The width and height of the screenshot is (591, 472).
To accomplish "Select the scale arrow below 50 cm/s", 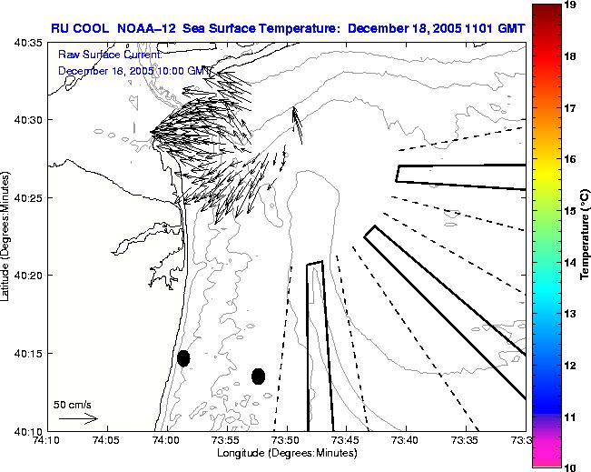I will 78,418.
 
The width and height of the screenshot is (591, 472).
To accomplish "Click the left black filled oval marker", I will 183,358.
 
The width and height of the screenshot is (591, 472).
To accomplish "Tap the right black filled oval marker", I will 258,376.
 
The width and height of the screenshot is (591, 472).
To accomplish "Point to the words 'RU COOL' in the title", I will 76,28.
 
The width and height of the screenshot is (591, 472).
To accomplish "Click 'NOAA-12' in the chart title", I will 147,28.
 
